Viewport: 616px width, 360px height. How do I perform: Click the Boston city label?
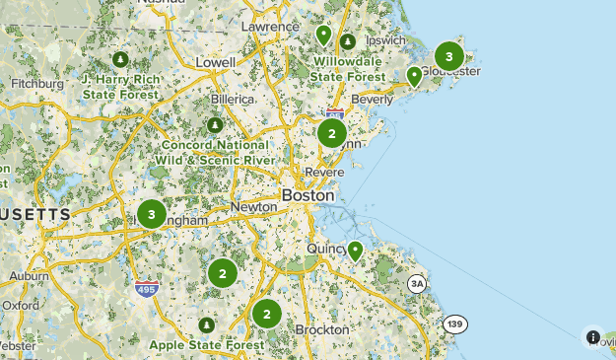[308, 195]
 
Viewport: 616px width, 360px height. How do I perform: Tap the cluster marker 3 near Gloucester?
[449, 56]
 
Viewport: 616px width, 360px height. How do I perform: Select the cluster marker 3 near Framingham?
[151, 213]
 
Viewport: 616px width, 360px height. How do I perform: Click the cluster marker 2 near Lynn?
[332, 133]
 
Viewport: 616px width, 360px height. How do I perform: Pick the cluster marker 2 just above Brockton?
[266, 314]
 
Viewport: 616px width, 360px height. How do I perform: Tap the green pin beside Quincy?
[355, 251]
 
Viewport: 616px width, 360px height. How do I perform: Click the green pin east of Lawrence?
[323, 36]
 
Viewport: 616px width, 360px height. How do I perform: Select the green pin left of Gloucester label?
[415, 75]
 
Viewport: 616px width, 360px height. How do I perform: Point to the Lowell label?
[216, 62]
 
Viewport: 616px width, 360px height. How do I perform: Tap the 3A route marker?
[417, 285]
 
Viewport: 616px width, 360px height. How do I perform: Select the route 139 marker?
[454, 324]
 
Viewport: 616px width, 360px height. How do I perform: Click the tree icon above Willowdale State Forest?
[348, 42]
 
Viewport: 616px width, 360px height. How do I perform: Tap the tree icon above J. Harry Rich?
[121, 60]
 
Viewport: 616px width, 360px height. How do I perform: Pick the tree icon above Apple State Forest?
[206, 325]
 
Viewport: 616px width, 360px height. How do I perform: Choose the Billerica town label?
[233, 100]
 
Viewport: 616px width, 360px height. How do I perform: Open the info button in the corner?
[593, 337]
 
